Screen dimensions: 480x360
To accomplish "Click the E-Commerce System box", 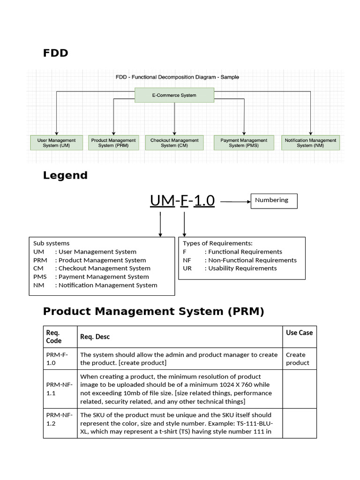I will pyautogui.click(x=174, y=95).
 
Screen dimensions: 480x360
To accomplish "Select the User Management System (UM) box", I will pyautogui.click(x=56, y=142).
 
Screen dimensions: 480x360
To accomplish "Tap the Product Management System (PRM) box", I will pyautogui.click(x=113, y=142).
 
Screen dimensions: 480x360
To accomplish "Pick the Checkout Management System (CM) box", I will pyautogui.click(x=174, y=142).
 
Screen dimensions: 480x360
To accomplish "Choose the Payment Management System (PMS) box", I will pyautogui.click(x=244, y=142).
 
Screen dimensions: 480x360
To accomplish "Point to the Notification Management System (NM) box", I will pyautogui.click(x=310, y=142).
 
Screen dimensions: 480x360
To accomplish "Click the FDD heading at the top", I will pyautogui.click(x=55, y=53).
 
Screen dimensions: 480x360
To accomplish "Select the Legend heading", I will pyautogui.click(x=65, y=175).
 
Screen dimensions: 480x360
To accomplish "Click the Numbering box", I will pyautogui.click(x=274, y=201).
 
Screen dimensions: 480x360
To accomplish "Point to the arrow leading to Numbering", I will pyautogui.click(x=234, y=202).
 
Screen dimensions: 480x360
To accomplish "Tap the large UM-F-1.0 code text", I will pyautogui.click(x=182, y=201).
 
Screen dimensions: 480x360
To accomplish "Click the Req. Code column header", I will pyautogui.click(x=53, y=337).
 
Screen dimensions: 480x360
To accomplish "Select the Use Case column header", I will pyautogui.click(x=299, y=333).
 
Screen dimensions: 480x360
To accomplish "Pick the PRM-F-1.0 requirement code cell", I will pyautogui.click(x=57, y=359).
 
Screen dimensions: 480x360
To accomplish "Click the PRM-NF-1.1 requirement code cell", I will pyautogui.click(x=57, y=389).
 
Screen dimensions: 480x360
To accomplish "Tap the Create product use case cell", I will pyautogui.click(x=298, y=359).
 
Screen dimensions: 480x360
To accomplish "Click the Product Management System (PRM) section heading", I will pyautogui.click(x=154, y=311).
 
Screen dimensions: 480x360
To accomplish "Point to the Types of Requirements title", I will pyautogui.click(x=217, y=243).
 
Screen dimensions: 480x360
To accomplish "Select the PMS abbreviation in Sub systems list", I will pyautogui.click(x=40, y=277).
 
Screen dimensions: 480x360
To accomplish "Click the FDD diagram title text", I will pyautogui.click(x=177, y=77).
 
